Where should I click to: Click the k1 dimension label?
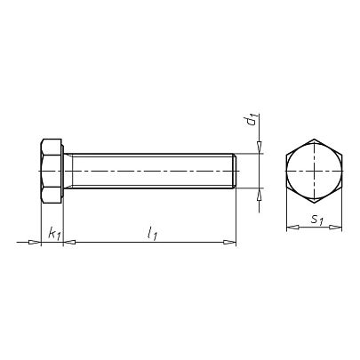coord(54,234)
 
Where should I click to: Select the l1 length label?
coord(152,233)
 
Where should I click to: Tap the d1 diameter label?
coord(252,119)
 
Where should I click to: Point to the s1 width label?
coord(316,220)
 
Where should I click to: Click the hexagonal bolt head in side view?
coord(51,171)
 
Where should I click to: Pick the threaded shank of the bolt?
coord(150,171)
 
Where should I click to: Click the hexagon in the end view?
coord(314,171)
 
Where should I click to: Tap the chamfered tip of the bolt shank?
coord(235,171)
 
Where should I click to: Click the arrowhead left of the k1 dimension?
coord(34,243)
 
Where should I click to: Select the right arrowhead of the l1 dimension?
coord(229,243)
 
